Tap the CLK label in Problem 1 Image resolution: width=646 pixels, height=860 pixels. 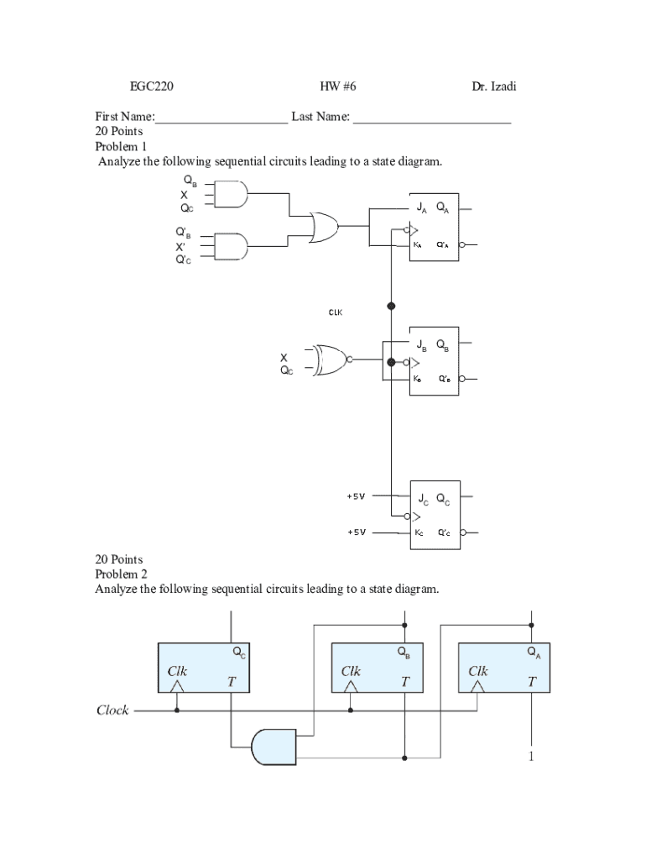[x=335, y=312]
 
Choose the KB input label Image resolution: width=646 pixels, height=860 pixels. [x=418, y=379]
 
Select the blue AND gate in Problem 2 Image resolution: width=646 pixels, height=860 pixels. [x=274, y=747]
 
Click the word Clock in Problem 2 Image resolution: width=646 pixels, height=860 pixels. [x=112, y=711]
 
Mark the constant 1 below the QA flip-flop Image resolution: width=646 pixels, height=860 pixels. [x=531, y=758]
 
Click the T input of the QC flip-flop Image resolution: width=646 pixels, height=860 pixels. [x=231, y=683]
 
